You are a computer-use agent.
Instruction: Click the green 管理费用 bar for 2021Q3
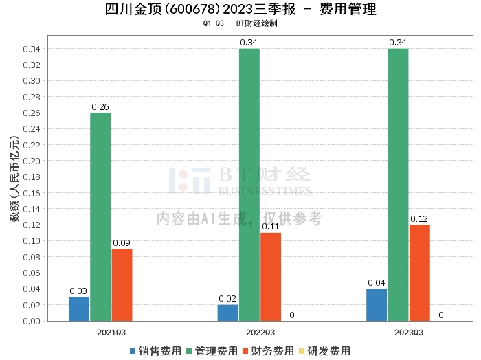tap(100, 217)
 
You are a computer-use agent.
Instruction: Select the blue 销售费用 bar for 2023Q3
tap(377, 305)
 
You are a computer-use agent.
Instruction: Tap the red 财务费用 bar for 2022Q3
tap(271, 277)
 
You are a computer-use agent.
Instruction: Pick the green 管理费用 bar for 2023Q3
tap(398, 185)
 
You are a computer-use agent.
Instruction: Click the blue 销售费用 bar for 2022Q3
tap(228, 313)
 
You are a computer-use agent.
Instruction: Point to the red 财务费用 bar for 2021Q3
tap(122, 285)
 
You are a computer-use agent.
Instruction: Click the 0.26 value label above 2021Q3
tap(100, 106)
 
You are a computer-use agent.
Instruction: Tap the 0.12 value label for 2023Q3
tap(419, 219)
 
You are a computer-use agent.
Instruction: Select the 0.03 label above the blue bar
tap(78, 291)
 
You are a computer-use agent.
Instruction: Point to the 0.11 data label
tap(271, 227)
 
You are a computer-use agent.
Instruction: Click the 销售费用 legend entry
tap(156, 351)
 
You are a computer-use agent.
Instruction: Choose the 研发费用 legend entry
tap(325, 351)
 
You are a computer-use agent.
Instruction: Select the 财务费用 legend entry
tap(269, 351)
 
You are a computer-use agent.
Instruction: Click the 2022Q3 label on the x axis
tap(260, 333)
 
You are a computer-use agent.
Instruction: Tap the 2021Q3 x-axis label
tap(111, 333)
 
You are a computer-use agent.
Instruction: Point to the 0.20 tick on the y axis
tap(32, 161)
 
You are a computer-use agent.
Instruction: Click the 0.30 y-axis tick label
tap(32, 81)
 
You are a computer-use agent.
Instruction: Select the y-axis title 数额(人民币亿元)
tap(14, 179)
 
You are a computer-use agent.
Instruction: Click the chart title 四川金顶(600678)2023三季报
tap(201, 9)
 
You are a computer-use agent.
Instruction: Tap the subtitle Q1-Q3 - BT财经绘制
tap(240, 23)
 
